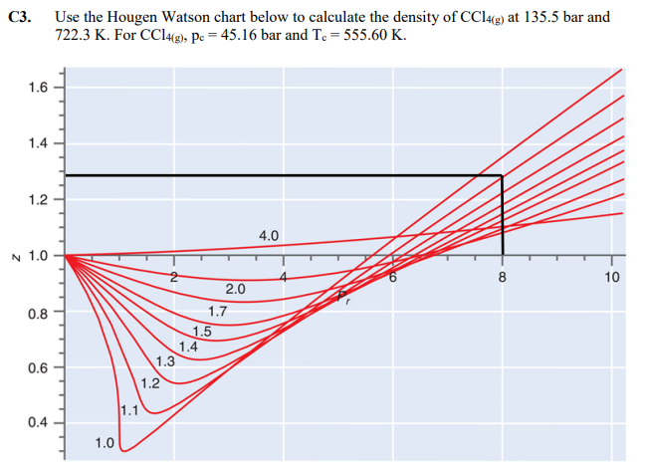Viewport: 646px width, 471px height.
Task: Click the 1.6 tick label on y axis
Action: click(40, 87)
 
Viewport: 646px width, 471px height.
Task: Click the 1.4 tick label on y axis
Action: click(40, 143)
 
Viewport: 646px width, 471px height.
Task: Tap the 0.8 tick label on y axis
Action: click(40, 313)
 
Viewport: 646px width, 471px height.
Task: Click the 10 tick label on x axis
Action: click(611, 277)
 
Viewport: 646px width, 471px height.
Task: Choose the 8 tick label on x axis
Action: click(503, 277)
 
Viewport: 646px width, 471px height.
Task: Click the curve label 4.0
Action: click(269, 236)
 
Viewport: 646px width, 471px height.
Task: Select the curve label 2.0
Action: click(236, 290)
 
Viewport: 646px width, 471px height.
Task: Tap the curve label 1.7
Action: click(218, 311)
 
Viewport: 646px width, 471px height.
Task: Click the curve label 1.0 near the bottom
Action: click(104, 442)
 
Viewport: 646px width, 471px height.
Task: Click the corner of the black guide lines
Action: click(502, 176)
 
